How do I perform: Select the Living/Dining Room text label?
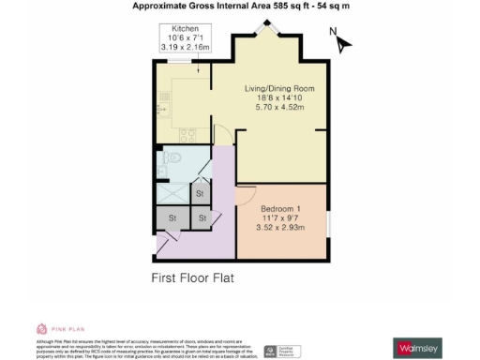tap(281, 87)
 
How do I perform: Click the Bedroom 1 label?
tap(279, 207)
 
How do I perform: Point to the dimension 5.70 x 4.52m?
tap(281, 107)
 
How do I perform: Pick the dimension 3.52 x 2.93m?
tap(279, 226)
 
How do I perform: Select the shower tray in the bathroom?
tap(170, 191)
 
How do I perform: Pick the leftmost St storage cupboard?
tap(172, 218)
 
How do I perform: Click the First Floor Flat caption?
tap(192, 278)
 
